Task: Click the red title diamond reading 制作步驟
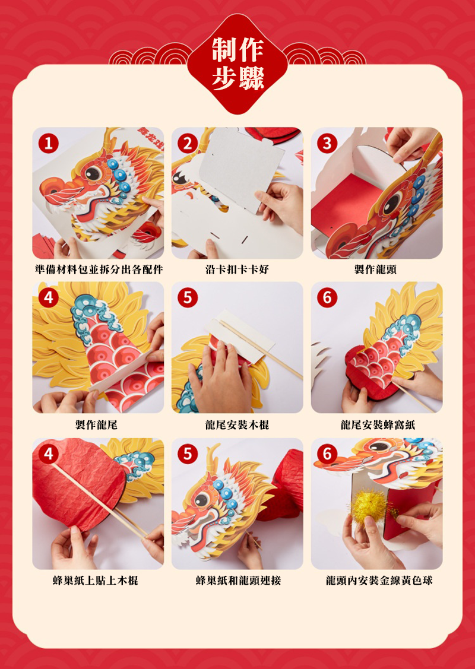(237, 64)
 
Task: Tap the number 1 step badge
(48, 144)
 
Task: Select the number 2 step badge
(188, 144)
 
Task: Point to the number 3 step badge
(327, 144)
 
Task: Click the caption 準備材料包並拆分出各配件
(99, 269)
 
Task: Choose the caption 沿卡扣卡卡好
(237, 269)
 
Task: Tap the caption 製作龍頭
(376, 269)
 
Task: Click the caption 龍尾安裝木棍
(237, 424)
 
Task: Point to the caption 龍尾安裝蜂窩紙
(378, 424)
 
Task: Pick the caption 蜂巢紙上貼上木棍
(96, 581)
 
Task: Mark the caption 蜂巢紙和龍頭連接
(238, 581)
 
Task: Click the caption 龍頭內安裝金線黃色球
(379, 581)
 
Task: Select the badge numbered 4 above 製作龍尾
(48, 297)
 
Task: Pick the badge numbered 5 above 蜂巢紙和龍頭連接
(188, 454)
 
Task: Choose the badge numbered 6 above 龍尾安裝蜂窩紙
(327, 297)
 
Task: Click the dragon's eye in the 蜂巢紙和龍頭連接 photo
(202, 499)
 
